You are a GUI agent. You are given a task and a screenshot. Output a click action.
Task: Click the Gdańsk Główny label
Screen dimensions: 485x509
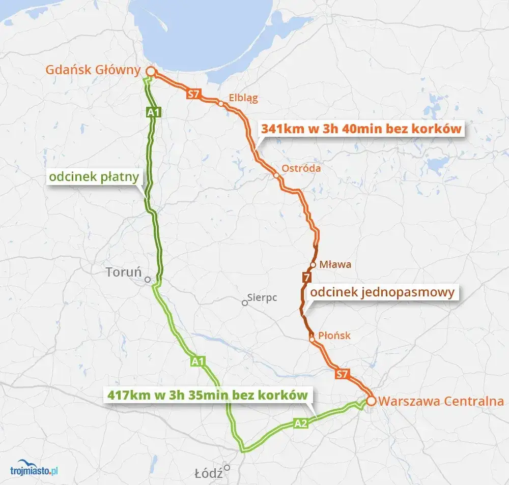click(x=93, y=70)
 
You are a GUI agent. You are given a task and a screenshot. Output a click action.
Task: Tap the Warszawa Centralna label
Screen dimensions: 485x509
click(x=441, y=401)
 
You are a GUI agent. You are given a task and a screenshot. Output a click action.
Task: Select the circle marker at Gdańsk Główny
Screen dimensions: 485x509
click(x=151, y=71)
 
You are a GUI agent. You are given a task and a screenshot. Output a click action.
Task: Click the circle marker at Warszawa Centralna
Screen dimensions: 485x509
click(x=371, y=401)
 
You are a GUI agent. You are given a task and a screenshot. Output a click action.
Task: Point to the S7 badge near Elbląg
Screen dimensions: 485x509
click(x=193, y=94)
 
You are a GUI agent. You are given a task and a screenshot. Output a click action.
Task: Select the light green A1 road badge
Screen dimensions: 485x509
click(x=199, y=361)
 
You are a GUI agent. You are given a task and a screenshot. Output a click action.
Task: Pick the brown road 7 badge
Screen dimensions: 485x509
click(x=306, y=278)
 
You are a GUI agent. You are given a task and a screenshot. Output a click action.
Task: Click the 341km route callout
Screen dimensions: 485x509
click(x=361, y=129)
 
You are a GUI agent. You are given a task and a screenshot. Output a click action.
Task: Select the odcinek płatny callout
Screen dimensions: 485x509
click(x=95, y=177)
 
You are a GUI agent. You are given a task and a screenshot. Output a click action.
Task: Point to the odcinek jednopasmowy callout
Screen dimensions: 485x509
click(x=382, y=292)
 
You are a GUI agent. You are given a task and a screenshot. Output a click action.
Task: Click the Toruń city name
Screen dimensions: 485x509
click(x=123, y=272)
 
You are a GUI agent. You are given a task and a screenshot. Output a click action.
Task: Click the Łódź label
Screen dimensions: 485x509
click(x=209, y=473)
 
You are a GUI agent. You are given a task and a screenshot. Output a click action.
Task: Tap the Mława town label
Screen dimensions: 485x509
click(x=335, y=264)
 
